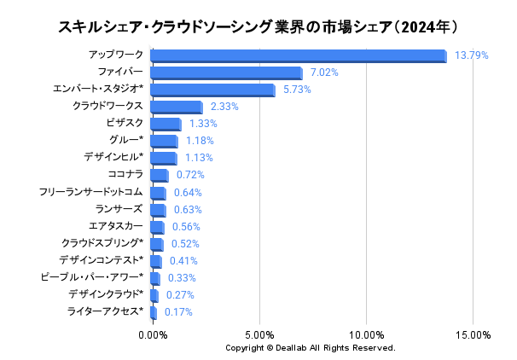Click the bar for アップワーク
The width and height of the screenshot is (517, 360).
298,55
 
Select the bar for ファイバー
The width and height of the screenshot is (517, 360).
226,73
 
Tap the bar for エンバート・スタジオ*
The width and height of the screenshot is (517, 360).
212,90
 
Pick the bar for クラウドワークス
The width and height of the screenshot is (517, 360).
176,107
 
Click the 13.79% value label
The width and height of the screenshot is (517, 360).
472,55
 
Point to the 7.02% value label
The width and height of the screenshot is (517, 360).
324,73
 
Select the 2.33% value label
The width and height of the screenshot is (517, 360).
224,107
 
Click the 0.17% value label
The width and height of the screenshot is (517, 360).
178,312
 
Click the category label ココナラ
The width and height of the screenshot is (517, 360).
125,175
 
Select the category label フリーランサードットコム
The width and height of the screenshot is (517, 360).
90,192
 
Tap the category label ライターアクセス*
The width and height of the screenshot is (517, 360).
105,312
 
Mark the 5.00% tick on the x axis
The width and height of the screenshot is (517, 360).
259,335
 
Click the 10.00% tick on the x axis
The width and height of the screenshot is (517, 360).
366,335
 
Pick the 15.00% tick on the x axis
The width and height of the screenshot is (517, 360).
473,335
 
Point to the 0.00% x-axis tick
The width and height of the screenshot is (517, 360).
153,335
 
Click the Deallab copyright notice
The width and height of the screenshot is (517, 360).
311,348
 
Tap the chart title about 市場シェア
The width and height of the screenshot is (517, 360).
259,26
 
